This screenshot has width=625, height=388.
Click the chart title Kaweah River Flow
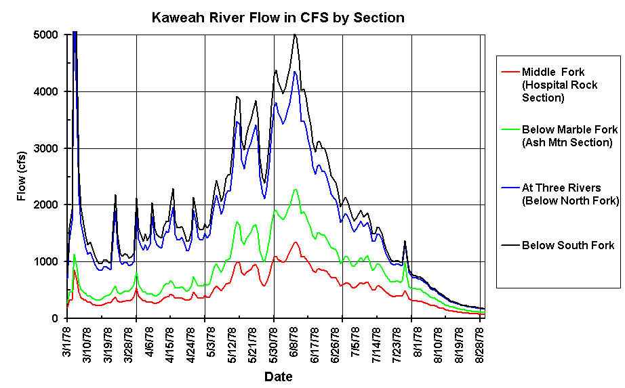click(x=278, y=18)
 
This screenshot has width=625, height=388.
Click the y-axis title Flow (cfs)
click(x=22, y=176)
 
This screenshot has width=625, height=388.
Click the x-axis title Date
click(x=278, y=376)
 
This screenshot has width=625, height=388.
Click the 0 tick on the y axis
click(x=57, y=318)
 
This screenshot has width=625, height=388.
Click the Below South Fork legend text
click(x=568, y=245)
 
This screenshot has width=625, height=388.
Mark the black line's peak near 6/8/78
click(x=295, y=34)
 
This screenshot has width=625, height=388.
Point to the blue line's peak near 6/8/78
click(x=295, y=71)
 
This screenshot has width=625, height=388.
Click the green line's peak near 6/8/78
click(x=296, y=190)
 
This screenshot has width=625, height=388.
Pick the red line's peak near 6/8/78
click(x=296, y=242)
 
